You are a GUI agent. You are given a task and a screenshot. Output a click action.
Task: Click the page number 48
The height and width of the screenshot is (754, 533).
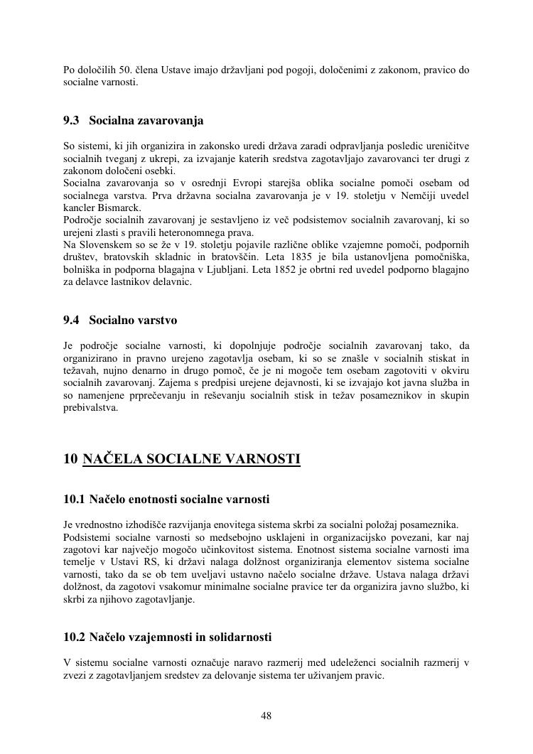pyautogui.click(x=266, y=716)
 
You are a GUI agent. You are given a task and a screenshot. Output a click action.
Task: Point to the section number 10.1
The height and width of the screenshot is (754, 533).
pyautogui.click(x=75, y=500)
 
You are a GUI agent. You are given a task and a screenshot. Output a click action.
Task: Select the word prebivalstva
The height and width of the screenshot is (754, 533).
pyautogui.click(x=91, y=408)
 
